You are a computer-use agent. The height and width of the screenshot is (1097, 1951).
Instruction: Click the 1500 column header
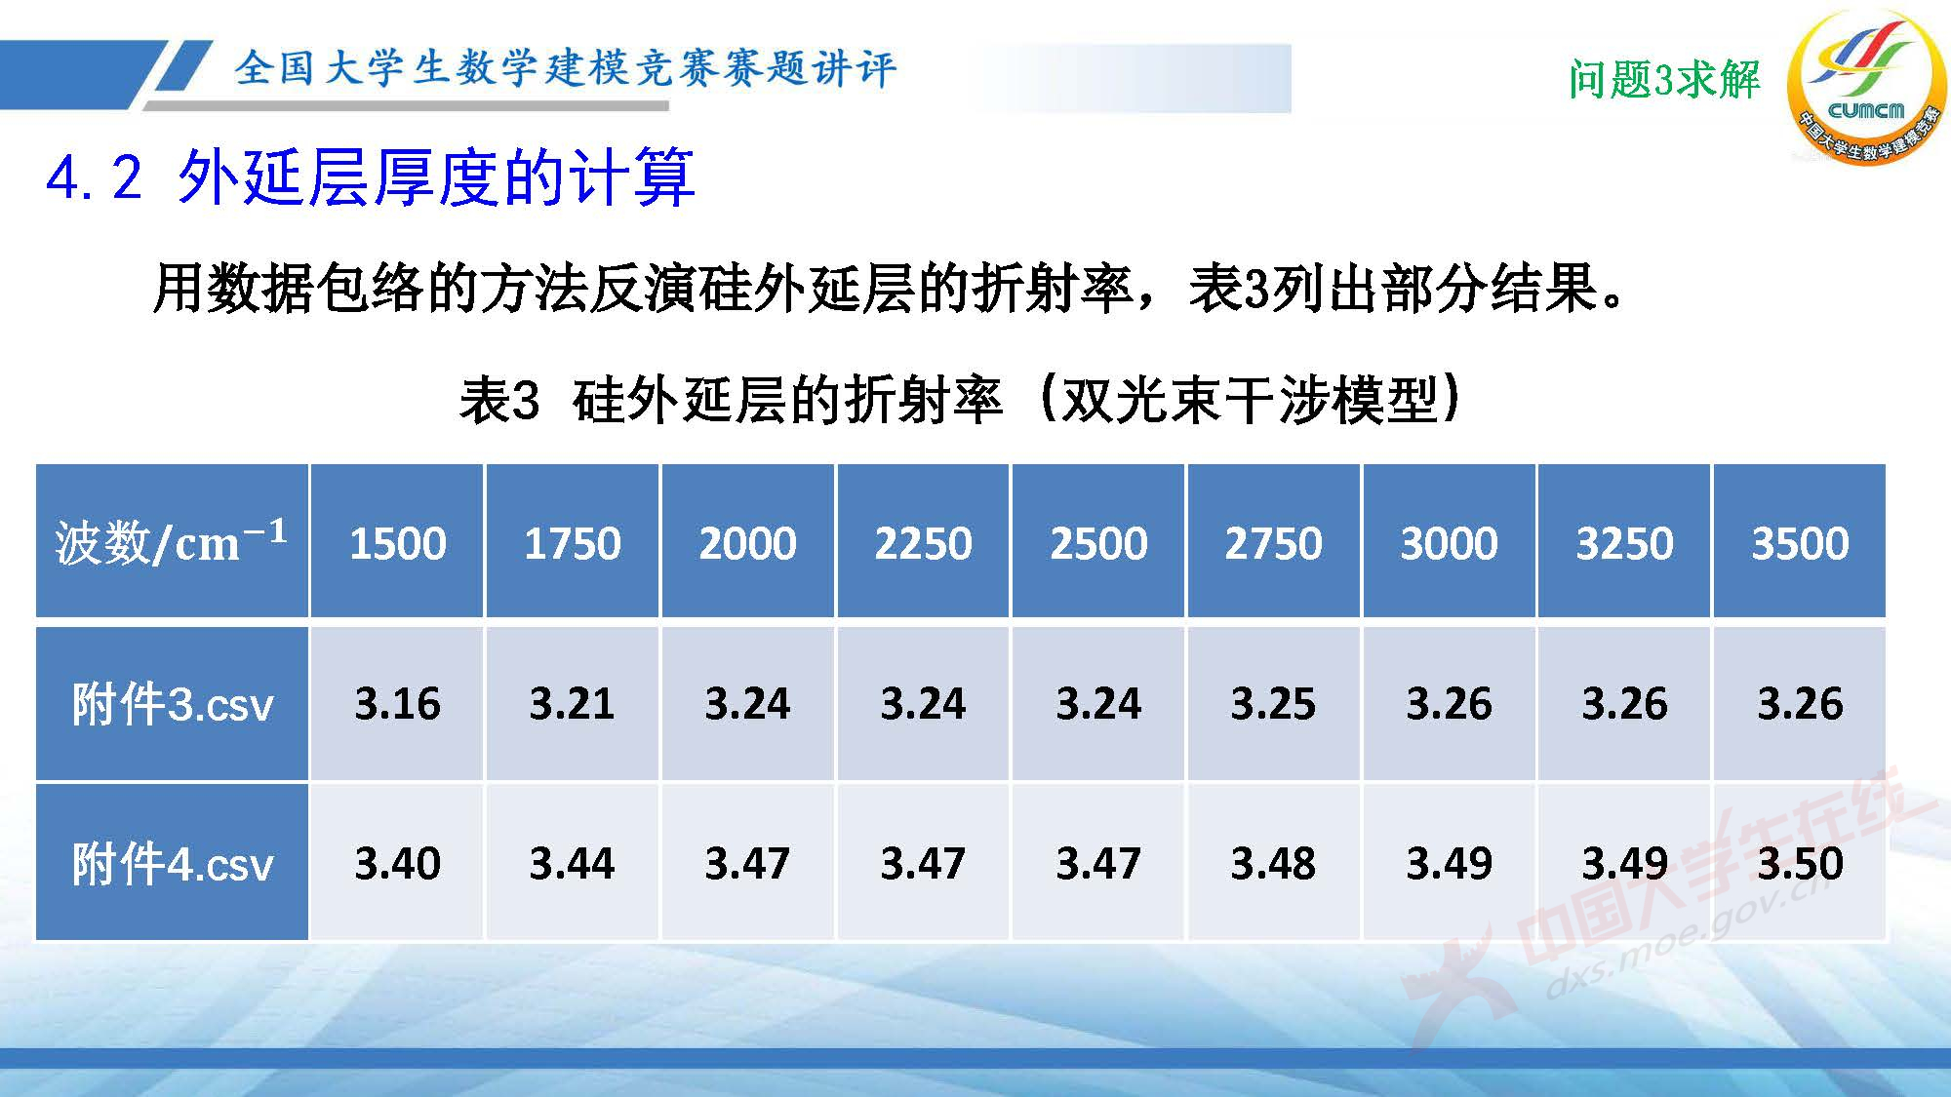[397, 542]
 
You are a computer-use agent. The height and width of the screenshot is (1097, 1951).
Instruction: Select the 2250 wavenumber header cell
[923, 542]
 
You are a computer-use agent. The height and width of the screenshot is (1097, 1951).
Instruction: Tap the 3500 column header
[1800, 542]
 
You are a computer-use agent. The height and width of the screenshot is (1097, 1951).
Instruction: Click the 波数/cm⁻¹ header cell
[172, 542]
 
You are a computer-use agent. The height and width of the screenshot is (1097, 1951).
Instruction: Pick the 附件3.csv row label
[172, 704]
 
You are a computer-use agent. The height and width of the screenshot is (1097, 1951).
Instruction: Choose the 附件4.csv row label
[172, 863]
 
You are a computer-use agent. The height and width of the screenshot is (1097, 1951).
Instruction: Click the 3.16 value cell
[397, 704]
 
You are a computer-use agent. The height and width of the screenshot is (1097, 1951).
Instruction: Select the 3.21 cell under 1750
[573, 704]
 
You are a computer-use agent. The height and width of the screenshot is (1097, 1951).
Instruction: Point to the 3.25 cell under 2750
[1273, 704]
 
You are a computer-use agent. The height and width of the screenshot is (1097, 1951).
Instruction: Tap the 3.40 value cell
[397, 863]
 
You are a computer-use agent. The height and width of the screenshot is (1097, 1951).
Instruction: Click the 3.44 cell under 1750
[573, 863]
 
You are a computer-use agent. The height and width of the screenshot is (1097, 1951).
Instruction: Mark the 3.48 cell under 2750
[1273, 863]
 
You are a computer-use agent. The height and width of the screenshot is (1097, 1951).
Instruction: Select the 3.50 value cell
[1800, 863]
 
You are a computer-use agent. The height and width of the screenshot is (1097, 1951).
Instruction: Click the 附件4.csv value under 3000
[1449, 863]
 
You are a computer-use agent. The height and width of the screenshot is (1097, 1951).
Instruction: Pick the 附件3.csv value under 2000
[748, 704]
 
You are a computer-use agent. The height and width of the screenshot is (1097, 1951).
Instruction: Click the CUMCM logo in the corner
[1865, 86]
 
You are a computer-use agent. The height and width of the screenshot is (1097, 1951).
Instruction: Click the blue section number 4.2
[95, 178]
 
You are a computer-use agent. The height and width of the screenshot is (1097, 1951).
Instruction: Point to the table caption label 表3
[498, 401]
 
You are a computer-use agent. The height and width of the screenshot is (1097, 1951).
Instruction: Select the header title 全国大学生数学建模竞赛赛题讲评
[564, 68]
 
